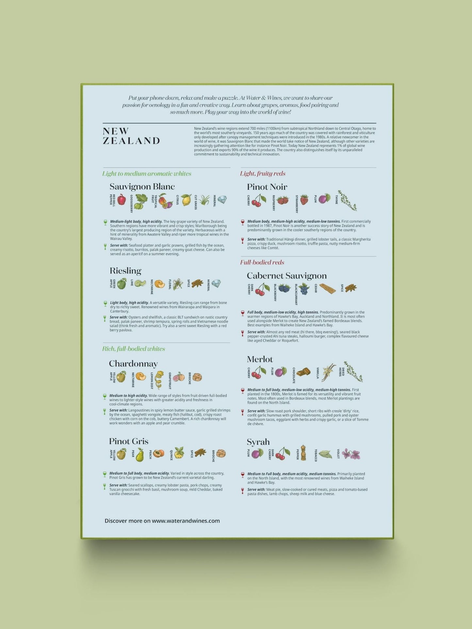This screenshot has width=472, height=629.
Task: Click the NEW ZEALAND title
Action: coord(131,136)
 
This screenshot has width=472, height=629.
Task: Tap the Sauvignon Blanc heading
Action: coord(142,187)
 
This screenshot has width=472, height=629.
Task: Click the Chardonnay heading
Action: coord(133,364)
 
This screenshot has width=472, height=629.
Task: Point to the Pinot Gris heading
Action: coord(129,441)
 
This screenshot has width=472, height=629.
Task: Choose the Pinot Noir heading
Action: coord(267,187)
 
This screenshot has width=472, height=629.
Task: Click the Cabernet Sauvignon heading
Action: coord(286,276)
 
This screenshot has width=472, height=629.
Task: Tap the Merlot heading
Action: coord(260,359)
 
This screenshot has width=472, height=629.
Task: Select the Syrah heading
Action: coord(258,442)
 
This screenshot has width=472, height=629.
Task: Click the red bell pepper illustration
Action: coord(122,199)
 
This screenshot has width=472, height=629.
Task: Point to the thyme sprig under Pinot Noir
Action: coord(348,200)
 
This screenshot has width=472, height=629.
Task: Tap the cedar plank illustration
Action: coord(328,289)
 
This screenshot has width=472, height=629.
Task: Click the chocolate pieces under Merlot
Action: coord(303,372)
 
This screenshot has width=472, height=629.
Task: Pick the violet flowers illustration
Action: coord(351,454)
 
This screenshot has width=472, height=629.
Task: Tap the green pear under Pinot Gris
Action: coord(140,455)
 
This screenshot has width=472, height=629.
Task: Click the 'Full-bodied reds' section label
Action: coord(262,262)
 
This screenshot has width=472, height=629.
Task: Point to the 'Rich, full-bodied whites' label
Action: coord(134,349)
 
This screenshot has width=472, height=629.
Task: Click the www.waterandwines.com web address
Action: coord(186,521)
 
